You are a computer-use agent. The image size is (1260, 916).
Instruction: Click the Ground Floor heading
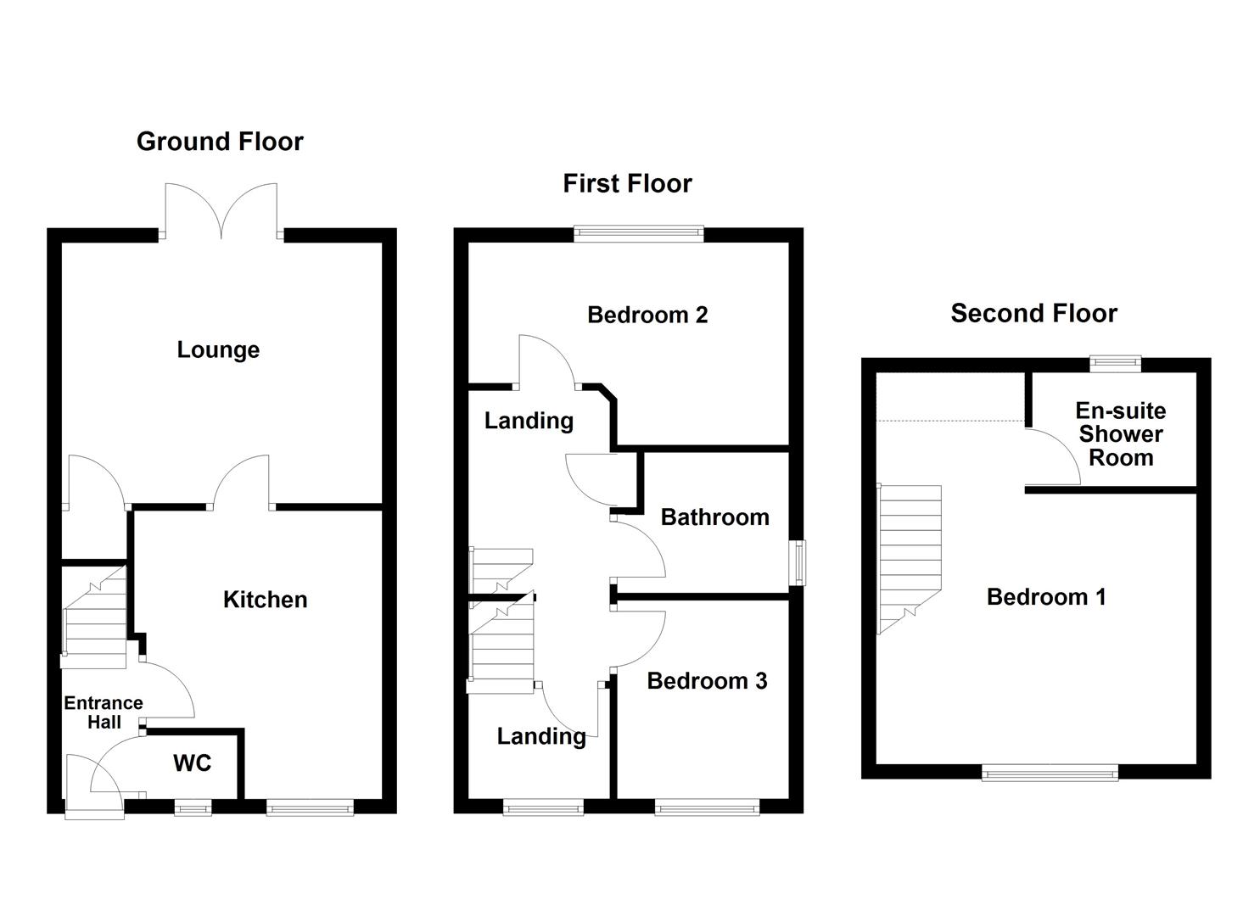220,142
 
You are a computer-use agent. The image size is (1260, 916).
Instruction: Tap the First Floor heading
627,184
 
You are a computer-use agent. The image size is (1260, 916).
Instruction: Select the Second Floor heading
1033,314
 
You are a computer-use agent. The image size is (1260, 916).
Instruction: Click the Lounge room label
218,349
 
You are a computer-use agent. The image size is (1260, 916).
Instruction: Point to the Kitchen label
265,600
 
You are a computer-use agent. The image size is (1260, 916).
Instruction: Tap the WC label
192,763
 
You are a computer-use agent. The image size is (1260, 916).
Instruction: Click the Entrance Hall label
104,712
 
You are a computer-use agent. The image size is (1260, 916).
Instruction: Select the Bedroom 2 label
647,316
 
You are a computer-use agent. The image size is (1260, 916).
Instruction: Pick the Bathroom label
714,517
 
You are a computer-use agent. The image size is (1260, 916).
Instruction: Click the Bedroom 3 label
707,681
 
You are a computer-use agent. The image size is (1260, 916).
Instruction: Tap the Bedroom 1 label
1046,597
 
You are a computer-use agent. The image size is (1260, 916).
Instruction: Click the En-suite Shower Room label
1120,434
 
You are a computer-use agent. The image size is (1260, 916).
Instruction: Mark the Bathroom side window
797,563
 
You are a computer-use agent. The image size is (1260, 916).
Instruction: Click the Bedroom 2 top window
639,233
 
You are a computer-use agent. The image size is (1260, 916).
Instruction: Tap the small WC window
193,809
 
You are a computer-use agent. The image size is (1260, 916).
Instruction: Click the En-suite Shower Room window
1115,363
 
